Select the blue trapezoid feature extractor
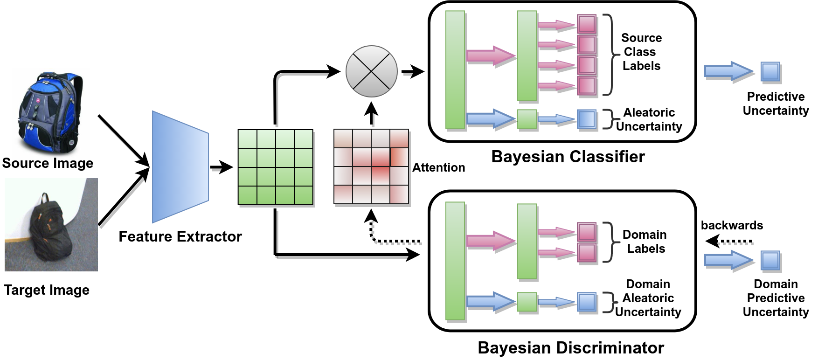click(180, 166)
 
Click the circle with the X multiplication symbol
click(371, 71)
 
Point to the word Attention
click(438, 167)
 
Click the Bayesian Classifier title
click(568, 157)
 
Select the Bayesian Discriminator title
click(571, 348)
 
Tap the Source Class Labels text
click(641, 52)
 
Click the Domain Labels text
click(645, 242)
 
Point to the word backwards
click(732, 225)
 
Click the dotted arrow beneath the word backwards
click(729, 242)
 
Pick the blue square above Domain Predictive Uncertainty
click(770, 261)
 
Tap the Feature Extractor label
click(180, 236)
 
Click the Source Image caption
click(48, 163)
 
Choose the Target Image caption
click(47, 290)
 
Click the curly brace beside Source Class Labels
click(608, 55)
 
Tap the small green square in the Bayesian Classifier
click(527, 119)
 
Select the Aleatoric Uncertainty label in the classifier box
click(649, 119)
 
